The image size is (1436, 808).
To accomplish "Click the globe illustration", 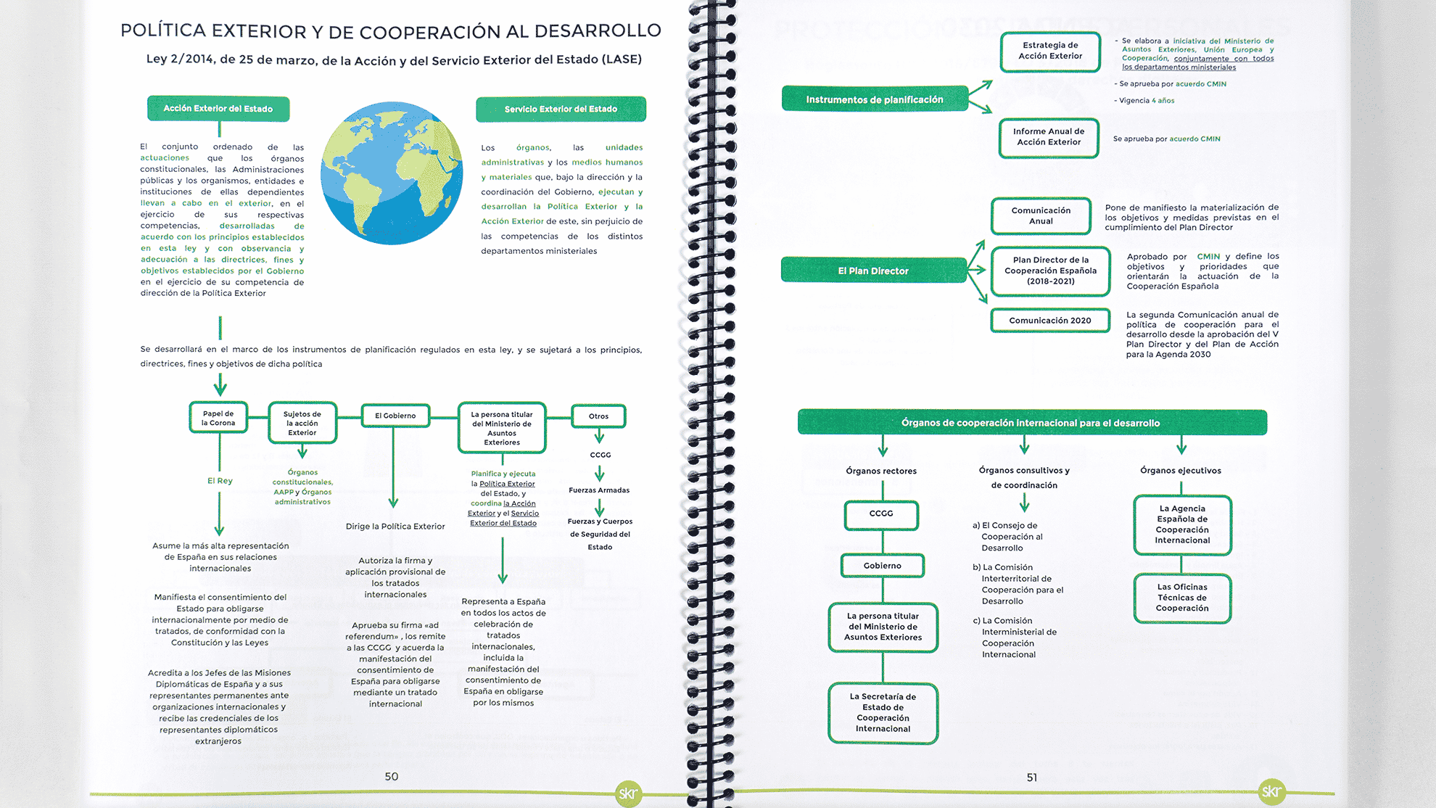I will pyautogui.click(x=392, y=173).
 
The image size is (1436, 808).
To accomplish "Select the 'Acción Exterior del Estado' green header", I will pyautogui.click(x=218, y=109).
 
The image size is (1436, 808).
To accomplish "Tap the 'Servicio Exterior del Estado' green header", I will pyautogui.click(x=561, y=110).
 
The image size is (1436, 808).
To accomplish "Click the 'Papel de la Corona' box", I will pyautogui.click(x=218, y=418).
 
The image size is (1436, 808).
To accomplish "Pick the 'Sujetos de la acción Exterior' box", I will pyautogui.click(x=302, y=423).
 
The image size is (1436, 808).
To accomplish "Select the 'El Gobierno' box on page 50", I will pyautogui.click(x=395, y=416).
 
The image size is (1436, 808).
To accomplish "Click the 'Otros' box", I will pyautogui.click(x=598, y=416).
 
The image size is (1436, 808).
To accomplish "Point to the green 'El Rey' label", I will pyautogui.click(x=220, y=481).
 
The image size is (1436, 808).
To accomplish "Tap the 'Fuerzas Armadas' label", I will pyautogui.click(x=599, y=490).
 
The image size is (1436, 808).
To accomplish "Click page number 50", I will pyautogui.click(x=392, y=777).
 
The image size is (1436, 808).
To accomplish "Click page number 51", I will pyautogui.click(x=1032, y=778).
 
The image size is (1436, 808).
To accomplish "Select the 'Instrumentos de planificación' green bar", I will pyautogui.click(x=875, y=99).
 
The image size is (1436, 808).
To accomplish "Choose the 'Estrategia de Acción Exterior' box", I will pyautogui.click(x=1050, y=51).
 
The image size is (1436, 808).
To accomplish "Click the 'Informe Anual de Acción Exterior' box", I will pyautogui.click(x=1049, y=137).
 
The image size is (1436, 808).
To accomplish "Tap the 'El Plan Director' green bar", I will pyautogui.click(x=873, y=271).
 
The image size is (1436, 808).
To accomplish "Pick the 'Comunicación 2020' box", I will pyautogui.click(x=1050, y=321).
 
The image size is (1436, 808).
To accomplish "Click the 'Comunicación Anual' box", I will pyautogui.click(x=1041, y=215).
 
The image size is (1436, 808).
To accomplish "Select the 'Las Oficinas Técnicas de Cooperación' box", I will pyautogui.click(x=1182, y=598).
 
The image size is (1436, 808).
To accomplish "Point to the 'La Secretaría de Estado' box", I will pyautogui.click(x=883, y=712).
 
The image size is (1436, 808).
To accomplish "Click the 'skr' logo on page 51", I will pyautogui.click(x=1271, y=791).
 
